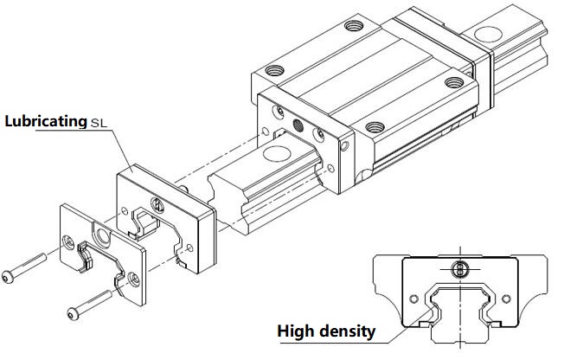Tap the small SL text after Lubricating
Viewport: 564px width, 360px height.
click(x=101, y=123)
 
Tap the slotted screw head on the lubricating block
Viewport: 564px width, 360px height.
click(x=158, y=205)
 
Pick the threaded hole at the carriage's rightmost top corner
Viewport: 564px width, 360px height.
click(x=454, y=83)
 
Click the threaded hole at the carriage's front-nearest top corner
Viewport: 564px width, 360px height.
click(x=374, y=126)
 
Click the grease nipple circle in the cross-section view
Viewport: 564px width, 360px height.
click(x=458, y=269)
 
